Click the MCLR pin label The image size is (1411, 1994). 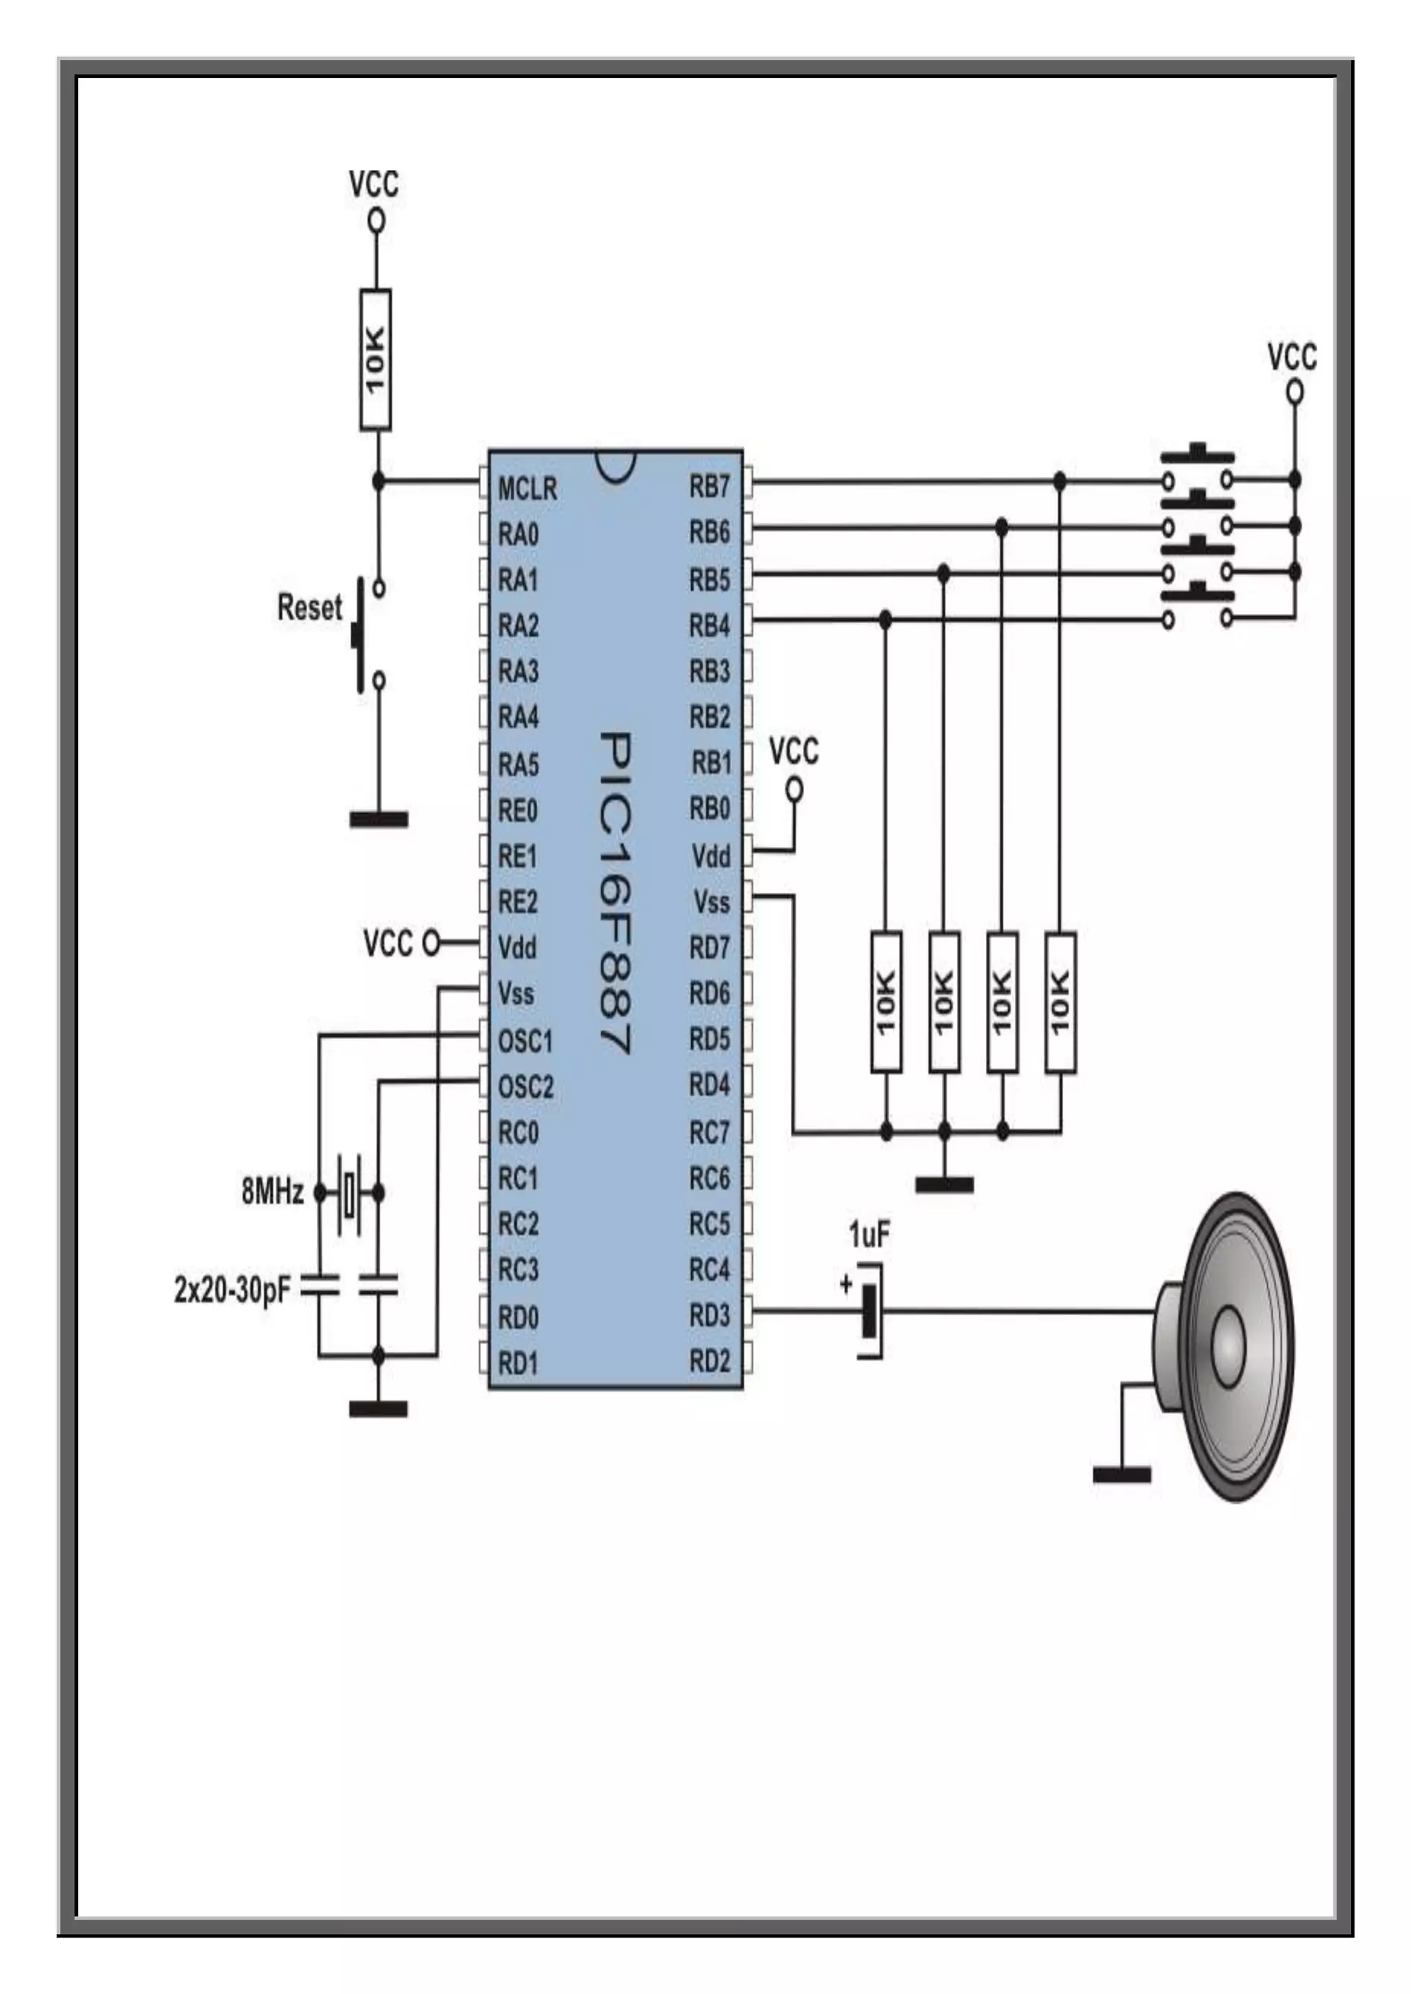point(526,489)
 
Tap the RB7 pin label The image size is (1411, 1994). point(709,487)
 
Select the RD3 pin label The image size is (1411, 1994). point(709,1316)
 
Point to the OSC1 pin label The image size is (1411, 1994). point(525,1040)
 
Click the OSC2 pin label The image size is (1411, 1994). point(525,1087)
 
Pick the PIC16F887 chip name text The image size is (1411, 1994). point(615,894)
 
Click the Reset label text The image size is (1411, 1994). point(309,607)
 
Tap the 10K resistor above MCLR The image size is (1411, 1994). point(375,359)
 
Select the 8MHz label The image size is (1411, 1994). point(272,1193)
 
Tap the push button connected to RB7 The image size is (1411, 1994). point(1197,470)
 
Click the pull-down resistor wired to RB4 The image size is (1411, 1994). point(885,1003)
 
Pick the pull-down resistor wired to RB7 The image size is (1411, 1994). point(1060,1003)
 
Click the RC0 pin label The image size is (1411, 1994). point(518,1133)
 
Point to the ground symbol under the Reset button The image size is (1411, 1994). point(378,818)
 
